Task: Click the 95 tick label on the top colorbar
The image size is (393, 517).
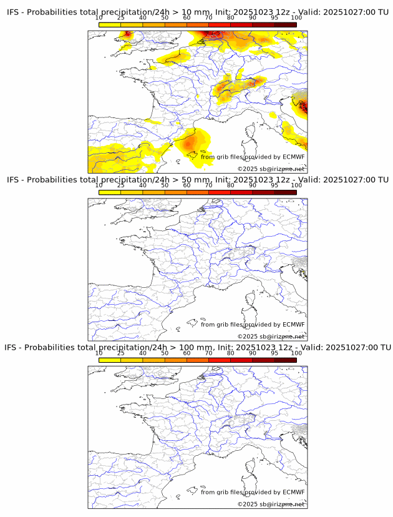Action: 274,17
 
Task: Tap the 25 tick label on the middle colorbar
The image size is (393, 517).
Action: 121,185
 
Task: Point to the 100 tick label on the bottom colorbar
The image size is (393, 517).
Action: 296,353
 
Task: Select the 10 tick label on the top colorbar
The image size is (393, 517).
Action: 99,17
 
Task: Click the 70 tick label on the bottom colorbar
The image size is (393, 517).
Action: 208,353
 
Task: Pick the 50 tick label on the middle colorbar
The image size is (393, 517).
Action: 165,185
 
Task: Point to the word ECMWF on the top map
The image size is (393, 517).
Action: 293,157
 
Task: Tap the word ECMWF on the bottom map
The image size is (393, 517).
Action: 293,492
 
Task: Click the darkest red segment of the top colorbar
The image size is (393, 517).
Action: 285,24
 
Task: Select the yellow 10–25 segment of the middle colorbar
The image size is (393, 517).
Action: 110,192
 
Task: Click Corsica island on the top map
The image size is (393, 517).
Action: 250,132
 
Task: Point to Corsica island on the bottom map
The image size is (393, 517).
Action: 250,467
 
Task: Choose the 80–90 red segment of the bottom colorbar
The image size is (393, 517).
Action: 241,360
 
